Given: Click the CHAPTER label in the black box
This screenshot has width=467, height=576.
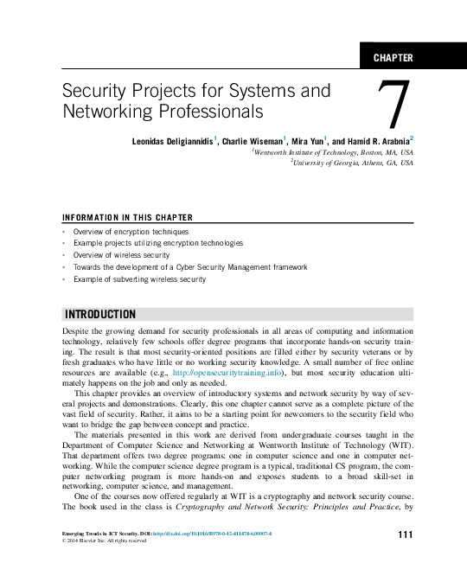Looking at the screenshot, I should pos(393,58).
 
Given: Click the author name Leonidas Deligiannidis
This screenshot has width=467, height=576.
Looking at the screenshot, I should pos(173,140).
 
